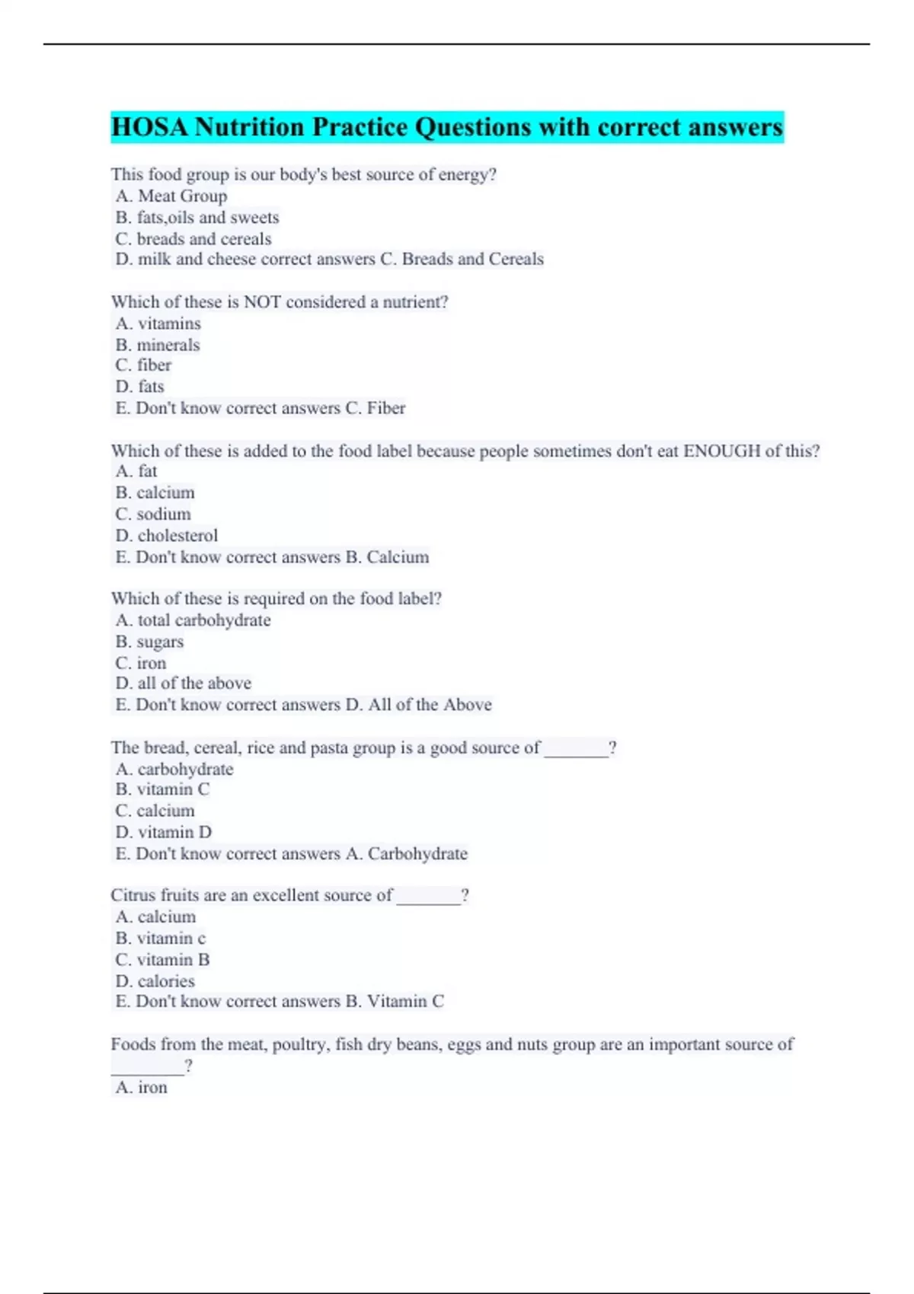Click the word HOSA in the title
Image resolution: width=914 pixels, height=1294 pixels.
point(149,127)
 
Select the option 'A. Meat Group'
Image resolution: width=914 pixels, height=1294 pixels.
point(171,196)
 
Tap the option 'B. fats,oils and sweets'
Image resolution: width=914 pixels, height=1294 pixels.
point(197,218)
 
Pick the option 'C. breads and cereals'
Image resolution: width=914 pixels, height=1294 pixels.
point(193,239)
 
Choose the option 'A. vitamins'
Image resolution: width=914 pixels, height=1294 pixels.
point(158,323)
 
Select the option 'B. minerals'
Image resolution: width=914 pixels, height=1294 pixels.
point(158,345)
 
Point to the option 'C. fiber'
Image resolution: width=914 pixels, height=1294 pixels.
point(143,365)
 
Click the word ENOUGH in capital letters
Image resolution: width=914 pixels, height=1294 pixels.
point(721,451)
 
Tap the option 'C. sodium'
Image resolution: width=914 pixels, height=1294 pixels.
point(153,515)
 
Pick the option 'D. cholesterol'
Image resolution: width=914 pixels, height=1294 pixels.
point(167,536)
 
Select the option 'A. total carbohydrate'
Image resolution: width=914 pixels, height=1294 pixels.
point(193,620)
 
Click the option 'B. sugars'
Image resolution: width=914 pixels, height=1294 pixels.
point(149,642)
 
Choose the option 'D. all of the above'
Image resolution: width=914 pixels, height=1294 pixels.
point(184,684)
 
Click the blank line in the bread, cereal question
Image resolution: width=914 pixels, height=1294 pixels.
point(577,750)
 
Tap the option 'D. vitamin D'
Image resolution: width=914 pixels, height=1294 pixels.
point(164,833)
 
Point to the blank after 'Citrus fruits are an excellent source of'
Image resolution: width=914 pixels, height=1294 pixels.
point(429,897)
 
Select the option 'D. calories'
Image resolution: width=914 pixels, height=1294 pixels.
point(155,981)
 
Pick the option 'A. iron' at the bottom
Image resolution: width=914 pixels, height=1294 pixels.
point(142,1088)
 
